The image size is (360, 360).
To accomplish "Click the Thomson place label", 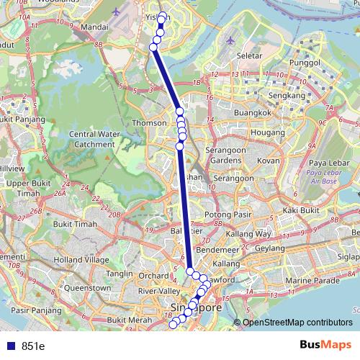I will (x=148, y=123).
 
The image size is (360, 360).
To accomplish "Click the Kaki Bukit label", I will (x=301, y=210).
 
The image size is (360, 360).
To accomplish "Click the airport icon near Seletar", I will (x=230, y=40).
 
